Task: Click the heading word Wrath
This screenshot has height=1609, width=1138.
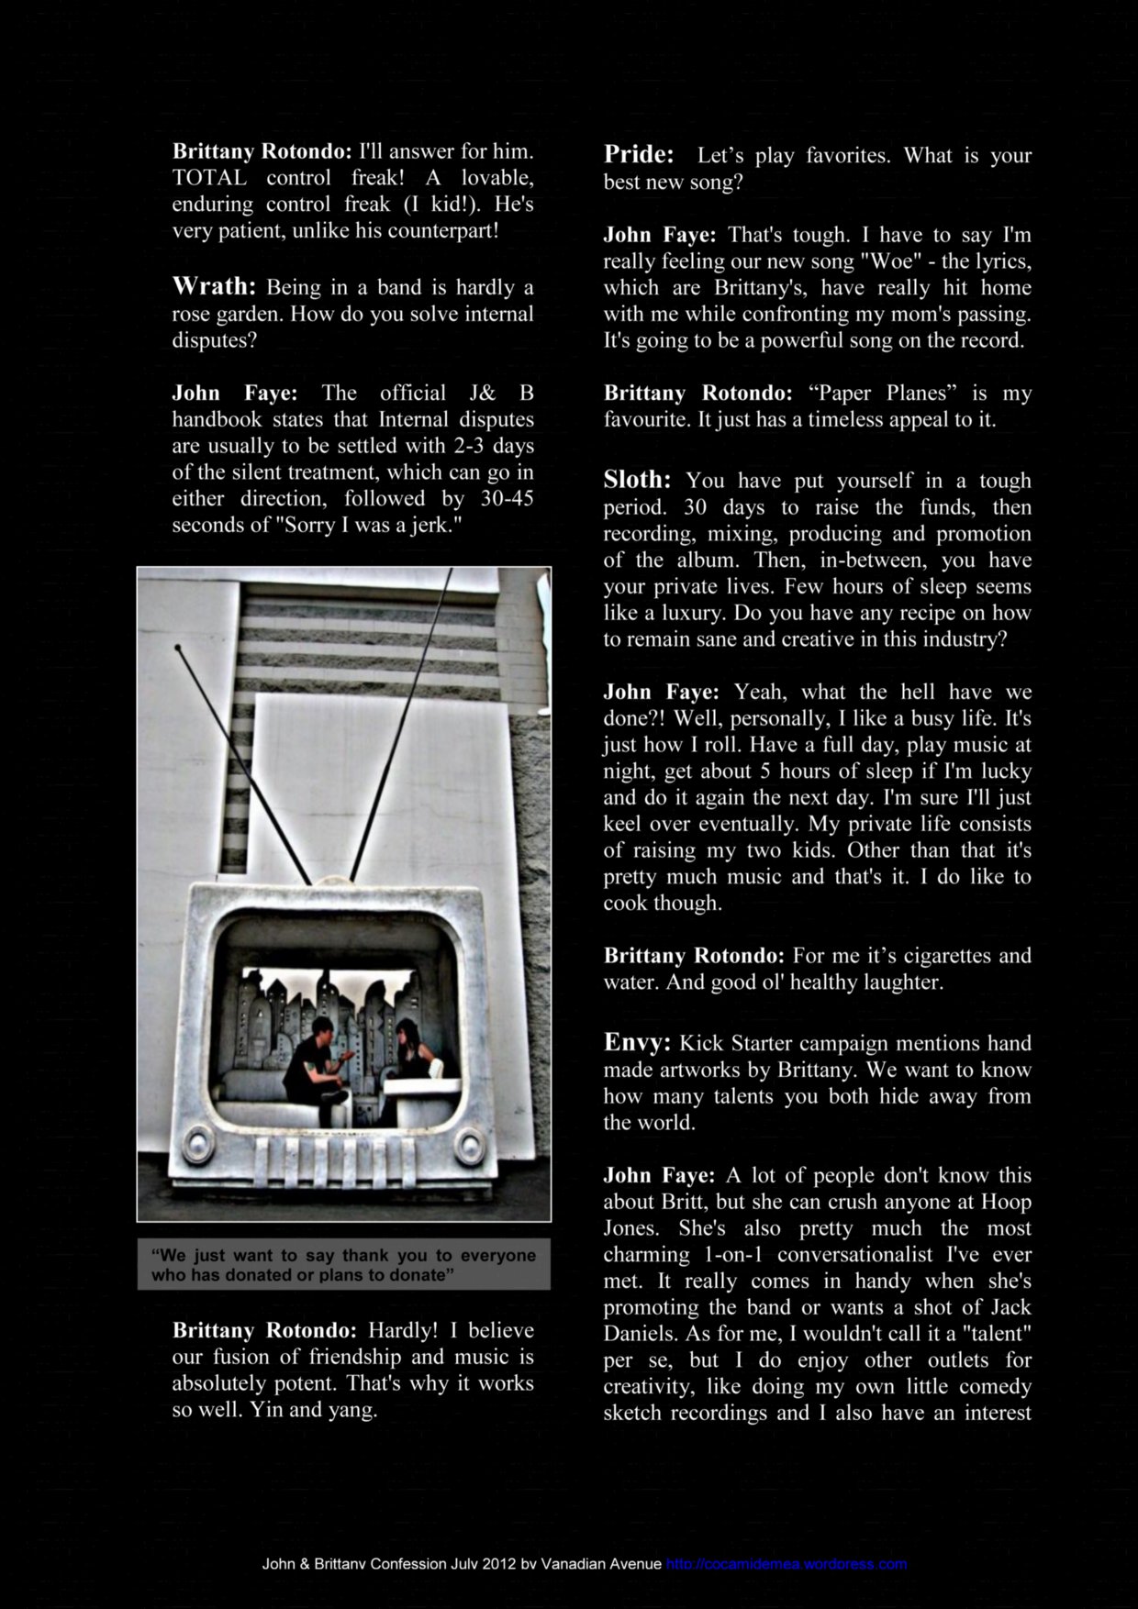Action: (x=214, y=286)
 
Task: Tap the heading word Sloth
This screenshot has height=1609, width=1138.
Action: (x=637, y=479)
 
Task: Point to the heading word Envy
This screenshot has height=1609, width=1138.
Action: (x=636, y=1042)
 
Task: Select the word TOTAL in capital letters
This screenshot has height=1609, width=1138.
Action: (x=210, y=177)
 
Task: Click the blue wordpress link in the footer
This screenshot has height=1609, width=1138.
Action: (x=787, y=1564)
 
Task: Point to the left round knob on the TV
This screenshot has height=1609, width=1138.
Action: (x=196, y=1144)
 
